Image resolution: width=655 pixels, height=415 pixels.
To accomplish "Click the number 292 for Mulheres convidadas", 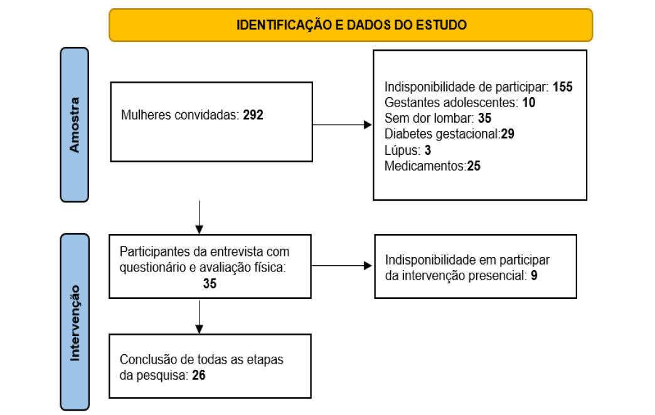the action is click(x=253, y=115).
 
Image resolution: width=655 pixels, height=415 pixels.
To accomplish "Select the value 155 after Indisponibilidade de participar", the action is click(x=563, y=87).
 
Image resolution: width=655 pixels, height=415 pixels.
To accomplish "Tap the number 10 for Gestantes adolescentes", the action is click(x=529, y=103).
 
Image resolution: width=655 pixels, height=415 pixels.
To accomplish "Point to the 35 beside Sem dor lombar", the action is click(x=484, y=118).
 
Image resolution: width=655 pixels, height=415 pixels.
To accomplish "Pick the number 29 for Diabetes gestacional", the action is click(x=508, y=134).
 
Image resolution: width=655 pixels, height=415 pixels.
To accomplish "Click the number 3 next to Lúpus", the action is click(x=428, y=150).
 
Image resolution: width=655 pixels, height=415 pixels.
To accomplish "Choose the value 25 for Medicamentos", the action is click(x=474, y=165).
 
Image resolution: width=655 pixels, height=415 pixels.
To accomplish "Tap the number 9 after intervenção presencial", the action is click(x=534, y=276).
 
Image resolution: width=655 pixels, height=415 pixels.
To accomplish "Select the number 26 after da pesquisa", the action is click(x=199, y=375).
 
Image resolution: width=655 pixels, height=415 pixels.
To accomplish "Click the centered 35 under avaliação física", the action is click(x=210, y=283).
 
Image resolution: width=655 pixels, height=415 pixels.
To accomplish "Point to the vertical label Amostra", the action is click(x=75, y=125).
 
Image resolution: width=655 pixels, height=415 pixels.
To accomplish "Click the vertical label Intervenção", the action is click(x=75, y=323).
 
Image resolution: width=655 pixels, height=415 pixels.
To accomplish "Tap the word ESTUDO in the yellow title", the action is click(x=441, y=25).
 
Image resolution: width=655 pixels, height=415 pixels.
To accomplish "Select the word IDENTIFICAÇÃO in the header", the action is click(x=285, y=25).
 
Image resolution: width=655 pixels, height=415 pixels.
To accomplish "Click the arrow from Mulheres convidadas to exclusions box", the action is click(x=342, y=124).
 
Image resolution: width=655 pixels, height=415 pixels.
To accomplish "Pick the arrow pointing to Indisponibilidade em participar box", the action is click(x=342, y=266).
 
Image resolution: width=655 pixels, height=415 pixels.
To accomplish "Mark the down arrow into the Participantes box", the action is click(x=200, y=217).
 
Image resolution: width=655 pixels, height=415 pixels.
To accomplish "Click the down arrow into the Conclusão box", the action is click(x=200, y=317).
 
